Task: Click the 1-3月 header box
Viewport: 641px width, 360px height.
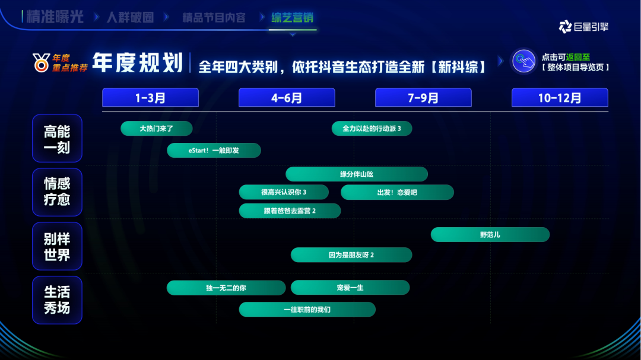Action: [x=150, y=98]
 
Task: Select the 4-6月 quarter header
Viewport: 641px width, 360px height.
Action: [x=287, y=98]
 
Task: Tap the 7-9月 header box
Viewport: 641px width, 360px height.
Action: [x=423, y=98]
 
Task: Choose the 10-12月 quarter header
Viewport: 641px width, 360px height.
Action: [x=560, y=98]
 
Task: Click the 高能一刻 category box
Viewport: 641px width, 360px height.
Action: [x=57, y=138]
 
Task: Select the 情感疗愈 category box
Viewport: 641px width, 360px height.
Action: [x=57, y=192]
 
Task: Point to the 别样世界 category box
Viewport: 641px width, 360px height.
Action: [x=57, y=246]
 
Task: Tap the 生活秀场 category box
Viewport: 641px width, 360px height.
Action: [x=57, y=300]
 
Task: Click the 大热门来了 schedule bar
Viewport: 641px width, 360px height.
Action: [x=157, y=128]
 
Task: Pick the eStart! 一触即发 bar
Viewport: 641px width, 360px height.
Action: [x=214, y=151]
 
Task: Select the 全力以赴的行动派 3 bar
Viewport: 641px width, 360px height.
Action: [x=372, y=128]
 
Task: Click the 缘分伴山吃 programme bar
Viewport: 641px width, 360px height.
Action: [x=357, y=174]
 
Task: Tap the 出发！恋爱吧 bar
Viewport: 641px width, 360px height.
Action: [x=397, y=193]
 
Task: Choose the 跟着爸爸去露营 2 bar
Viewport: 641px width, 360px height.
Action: [x=290, y=211]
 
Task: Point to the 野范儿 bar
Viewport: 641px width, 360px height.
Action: [x=490, y=234]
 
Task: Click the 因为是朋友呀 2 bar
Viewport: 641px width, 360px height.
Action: [x=351, y=255]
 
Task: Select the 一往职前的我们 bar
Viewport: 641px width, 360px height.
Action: [x=307, y=310]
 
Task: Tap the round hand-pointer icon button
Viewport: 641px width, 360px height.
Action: [x=523, y=61]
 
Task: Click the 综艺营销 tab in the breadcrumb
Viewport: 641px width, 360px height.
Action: [x=292, y=18]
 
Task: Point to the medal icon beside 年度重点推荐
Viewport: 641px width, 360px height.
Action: [x=42, y=62]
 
